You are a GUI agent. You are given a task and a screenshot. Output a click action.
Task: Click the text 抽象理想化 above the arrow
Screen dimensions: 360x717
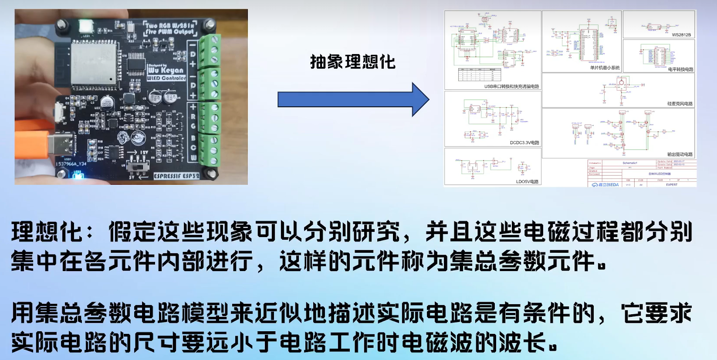point(352,62)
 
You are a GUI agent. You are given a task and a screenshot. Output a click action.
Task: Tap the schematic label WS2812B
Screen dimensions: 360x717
point(681,35)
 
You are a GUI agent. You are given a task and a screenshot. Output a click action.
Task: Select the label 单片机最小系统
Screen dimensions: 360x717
point(605,68)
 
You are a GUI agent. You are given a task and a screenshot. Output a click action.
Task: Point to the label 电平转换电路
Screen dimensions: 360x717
point(680,69)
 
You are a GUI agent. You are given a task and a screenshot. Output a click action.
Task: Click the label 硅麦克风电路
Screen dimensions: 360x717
point(680,104)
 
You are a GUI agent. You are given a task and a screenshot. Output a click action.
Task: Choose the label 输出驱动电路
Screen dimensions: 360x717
point(680,154)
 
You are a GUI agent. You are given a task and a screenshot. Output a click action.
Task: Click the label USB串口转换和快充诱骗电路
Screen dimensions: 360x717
point(511,86)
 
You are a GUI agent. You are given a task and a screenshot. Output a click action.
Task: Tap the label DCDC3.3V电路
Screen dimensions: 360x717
point(524,143)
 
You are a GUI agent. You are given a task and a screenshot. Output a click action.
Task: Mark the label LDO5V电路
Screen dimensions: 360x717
point(527,181)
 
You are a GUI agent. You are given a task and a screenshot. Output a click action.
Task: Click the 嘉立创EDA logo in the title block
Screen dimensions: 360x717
point(605,185)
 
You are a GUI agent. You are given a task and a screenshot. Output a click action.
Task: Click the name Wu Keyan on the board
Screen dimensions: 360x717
point(166,70)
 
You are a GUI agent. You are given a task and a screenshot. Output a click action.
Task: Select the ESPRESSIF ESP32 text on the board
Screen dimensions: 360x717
point(176,176)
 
